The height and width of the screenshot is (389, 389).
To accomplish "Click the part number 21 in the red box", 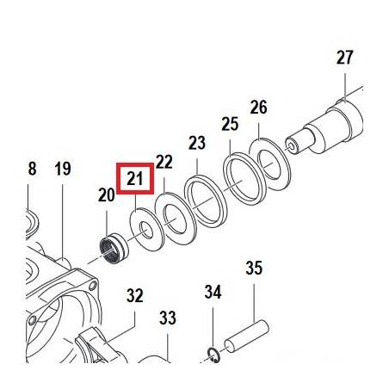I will coord(134,179).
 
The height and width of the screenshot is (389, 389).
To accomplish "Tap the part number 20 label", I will coord(106,195).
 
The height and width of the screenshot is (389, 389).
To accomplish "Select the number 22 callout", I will coord(164,162).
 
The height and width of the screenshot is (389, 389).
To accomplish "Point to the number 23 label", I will coord(197,142).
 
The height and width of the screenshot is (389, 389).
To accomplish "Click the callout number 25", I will coord(229,125).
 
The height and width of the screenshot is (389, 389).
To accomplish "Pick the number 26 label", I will coord(259,108).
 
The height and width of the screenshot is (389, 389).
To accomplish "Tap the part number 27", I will coord(344,58).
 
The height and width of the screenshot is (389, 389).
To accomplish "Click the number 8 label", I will coord(32,169).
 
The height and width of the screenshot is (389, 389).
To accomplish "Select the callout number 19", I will coord(62,169).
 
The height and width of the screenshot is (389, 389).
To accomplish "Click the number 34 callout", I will coord(213,293).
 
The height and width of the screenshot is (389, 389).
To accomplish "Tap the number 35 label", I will coord(254,268).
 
